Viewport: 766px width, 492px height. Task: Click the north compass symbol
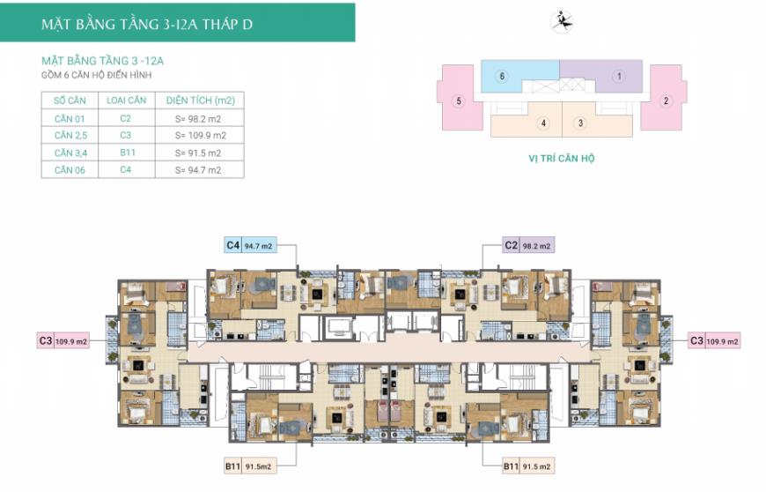click(x=563, y=22)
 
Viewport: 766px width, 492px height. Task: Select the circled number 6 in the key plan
click(x=502, y=76)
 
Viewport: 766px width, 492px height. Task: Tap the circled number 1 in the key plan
click(x=619, y=77)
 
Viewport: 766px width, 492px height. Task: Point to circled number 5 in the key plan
click(x=458, y=101)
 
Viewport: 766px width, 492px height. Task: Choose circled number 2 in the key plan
click(x=666, y=101)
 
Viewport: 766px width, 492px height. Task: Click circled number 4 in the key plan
click(x=543, y=123)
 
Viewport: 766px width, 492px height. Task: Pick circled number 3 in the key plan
click(x=580, y=123)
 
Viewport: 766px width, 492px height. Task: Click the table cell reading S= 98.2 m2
click(x=198, y=119)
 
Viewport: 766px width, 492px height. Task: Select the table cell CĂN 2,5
click(x=70, y=136)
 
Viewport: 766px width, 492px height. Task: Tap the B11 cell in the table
click(x=128, y=153)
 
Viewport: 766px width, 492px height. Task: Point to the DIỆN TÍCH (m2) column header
click(x=200, y=101)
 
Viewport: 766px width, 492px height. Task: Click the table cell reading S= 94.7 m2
click(x=198, y=170)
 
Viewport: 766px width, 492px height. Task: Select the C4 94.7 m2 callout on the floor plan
click(x=251, y=245)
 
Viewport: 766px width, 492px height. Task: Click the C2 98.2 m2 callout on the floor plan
click(x=528, y=245)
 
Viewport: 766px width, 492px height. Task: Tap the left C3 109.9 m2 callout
click(x=63, y=341)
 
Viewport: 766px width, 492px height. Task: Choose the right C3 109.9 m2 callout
click(x=714, y=341)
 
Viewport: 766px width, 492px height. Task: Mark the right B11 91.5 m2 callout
click(x=528, y=466)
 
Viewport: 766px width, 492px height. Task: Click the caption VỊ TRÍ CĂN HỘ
click(x=562, y=159)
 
